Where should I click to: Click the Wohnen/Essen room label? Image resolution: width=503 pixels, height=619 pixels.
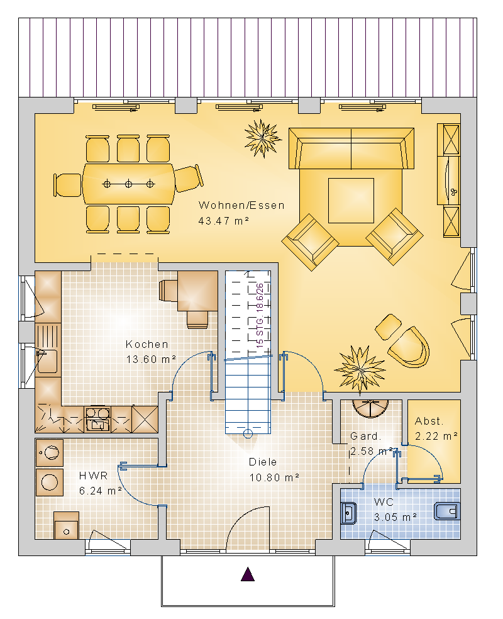241,205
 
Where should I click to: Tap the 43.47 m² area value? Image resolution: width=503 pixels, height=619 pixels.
223,221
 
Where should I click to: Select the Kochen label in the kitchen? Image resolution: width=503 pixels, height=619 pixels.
146,344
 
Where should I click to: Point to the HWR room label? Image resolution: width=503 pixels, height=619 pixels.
93,476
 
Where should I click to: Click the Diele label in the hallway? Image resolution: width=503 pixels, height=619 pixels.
263,462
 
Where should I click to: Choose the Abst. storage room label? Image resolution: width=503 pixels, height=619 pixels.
429,421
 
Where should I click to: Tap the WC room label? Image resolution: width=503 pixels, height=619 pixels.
384,502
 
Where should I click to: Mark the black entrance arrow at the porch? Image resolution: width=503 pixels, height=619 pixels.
248,574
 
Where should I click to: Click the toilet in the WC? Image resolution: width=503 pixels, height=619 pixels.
447,511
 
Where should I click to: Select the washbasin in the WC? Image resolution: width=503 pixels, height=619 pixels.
348,513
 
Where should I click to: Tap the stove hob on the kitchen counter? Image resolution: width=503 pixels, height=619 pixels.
97,419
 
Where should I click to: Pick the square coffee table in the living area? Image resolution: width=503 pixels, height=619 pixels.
351,201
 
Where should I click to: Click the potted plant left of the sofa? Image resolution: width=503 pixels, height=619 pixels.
262,138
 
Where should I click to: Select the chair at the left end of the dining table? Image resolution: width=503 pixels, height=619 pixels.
68,185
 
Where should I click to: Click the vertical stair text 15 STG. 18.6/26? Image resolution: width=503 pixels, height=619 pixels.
260,315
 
